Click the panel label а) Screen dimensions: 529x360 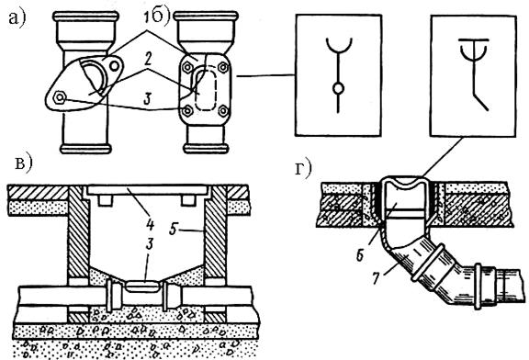click(17, 18)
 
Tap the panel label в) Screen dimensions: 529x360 click(24, 164)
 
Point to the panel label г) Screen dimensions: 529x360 click(303, 169)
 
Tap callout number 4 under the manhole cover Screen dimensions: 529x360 click(149, 224)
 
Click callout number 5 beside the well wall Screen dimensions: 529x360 click(174, 230)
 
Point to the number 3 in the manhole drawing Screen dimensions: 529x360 click(149, 243)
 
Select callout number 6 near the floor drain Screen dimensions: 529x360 click(360, 255)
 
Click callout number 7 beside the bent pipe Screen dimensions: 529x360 click(377, 279)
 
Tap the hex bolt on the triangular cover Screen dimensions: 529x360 click(60, 97)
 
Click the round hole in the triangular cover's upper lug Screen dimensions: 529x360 click(115, 66)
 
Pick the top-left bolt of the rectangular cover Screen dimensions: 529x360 click(186, 68)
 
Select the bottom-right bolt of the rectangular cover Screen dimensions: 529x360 click(223, 111)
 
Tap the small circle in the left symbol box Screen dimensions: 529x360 click(338, 89)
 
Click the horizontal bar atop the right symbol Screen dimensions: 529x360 click(473, 39)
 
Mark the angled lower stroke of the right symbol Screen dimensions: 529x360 click(480, 102)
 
